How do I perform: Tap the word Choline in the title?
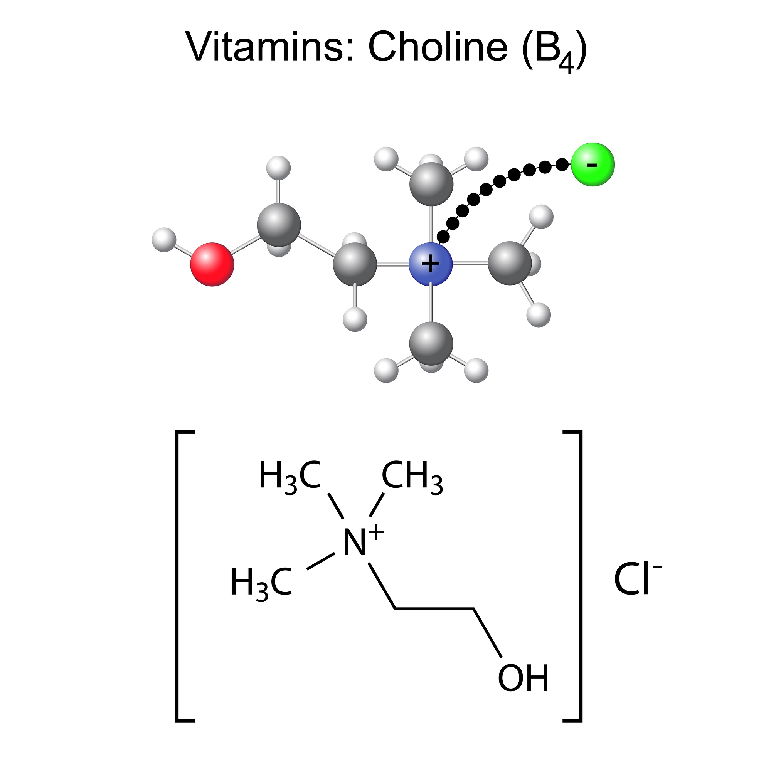pos(438,47)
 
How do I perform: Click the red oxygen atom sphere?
pos(212,264)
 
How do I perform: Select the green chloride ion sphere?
pos(592,164)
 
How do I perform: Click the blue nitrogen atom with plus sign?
pos(431,264)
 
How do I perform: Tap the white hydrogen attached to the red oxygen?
pos(164,240)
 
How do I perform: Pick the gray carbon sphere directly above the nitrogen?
pos(431,184)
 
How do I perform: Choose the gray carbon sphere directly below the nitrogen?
pos(431,343)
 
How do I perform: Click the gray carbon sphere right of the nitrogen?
pos(510,263)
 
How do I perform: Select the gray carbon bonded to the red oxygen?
pos(279,225)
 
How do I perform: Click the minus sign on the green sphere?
pos(592,165)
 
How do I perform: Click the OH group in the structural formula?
pos(523,678)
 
